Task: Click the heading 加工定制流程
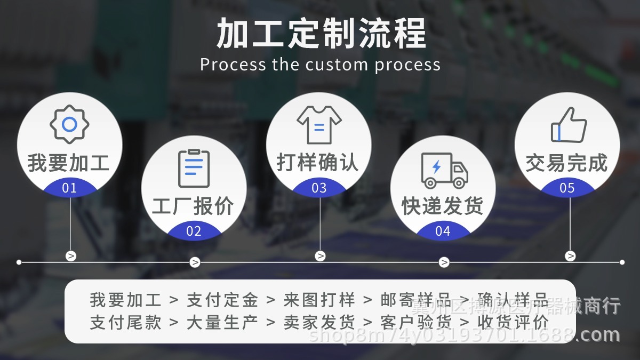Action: click(x=321, y=33)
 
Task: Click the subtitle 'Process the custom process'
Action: click(x=321, y=65)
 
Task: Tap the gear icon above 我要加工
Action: click(x=69, y=124)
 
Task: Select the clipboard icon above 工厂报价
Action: click(x=194, y=168)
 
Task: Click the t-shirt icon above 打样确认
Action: click(x=319, y=124)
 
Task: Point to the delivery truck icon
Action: click(x=444, y=170)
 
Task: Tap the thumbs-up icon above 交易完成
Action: click(x=568, y=125)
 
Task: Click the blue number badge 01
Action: click(x=69, y=188)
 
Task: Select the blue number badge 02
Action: click(x=194, y=231)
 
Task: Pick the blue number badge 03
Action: click(x=319, y=188)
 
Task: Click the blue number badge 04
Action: click(x=443, y=231)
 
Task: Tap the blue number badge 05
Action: click(x=567, y=188)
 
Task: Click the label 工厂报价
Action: click(x=193, y=206)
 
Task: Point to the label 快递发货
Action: click(x=443, y=206)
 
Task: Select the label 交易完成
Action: click(x=566, y=163)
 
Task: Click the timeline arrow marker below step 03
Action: click(x=320, y=256)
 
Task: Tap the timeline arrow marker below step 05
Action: click(x=570, y=256)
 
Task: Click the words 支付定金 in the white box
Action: click(x=222, y=300)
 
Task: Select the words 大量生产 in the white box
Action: click(x=222, y=322)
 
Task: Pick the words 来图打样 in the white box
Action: click(x=319, y=300)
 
